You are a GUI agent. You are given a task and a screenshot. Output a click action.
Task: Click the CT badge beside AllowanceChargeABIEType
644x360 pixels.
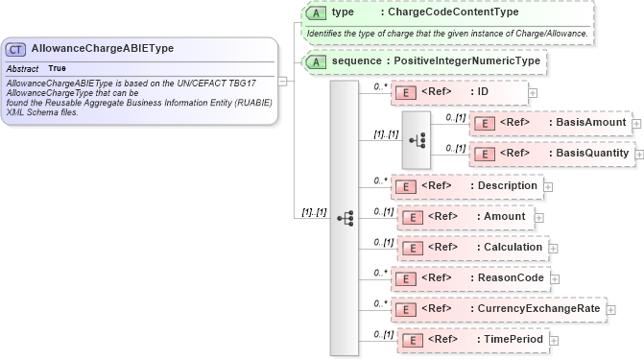(x=16, y=49)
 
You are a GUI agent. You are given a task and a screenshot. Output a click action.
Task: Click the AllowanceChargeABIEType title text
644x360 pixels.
(x=102, y=48)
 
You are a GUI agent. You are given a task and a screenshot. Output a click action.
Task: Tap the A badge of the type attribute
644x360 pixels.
(x=315, y=12)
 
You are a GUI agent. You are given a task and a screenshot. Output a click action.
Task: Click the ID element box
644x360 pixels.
(x=459, y=92)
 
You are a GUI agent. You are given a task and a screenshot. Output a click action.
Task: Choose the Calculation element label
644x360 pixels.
(x=513, y=248)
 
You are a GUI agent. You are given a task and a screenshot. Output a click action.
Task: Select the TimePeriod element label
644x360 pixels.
(x=513, y=340)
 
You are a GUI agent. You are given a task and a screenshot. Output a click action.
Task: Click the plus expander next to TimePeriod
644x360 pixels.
(x=554, y=340)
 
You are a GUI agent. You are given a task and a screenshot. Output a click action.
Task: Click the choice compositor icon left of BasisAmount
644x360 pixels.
(x=417, y=139)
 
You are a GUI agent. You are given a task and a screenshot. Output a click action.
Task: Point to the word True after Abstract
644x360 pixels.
(x=58, y=69)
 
